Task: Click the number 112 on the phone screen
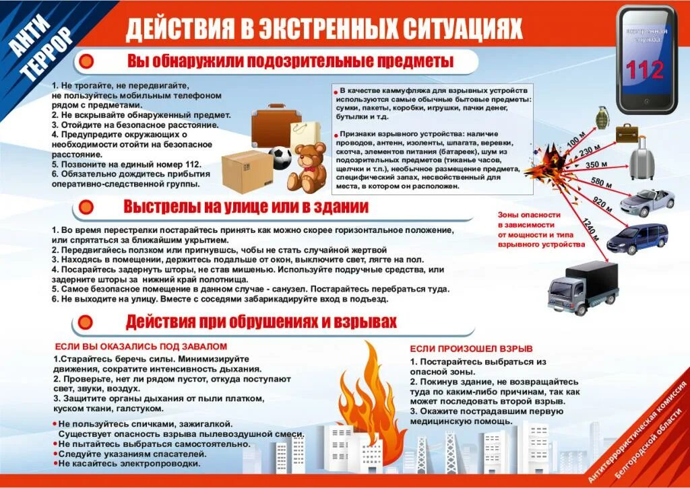click(644, 70)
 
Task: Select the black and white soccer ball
click(280, 158)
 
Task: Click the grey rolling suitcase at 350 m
click(641, 158)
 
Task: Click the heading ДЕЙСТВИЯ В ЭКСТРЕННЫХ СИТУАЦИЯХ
click(324, 28)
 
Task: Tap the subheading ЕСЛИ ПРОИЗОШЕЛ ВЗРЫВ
click(471, 348)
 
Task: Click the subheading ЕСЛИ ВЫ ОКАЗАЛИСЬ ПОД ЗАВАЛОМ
click(141, 346)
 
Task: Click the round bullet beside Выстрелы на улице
click(86, 207)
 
